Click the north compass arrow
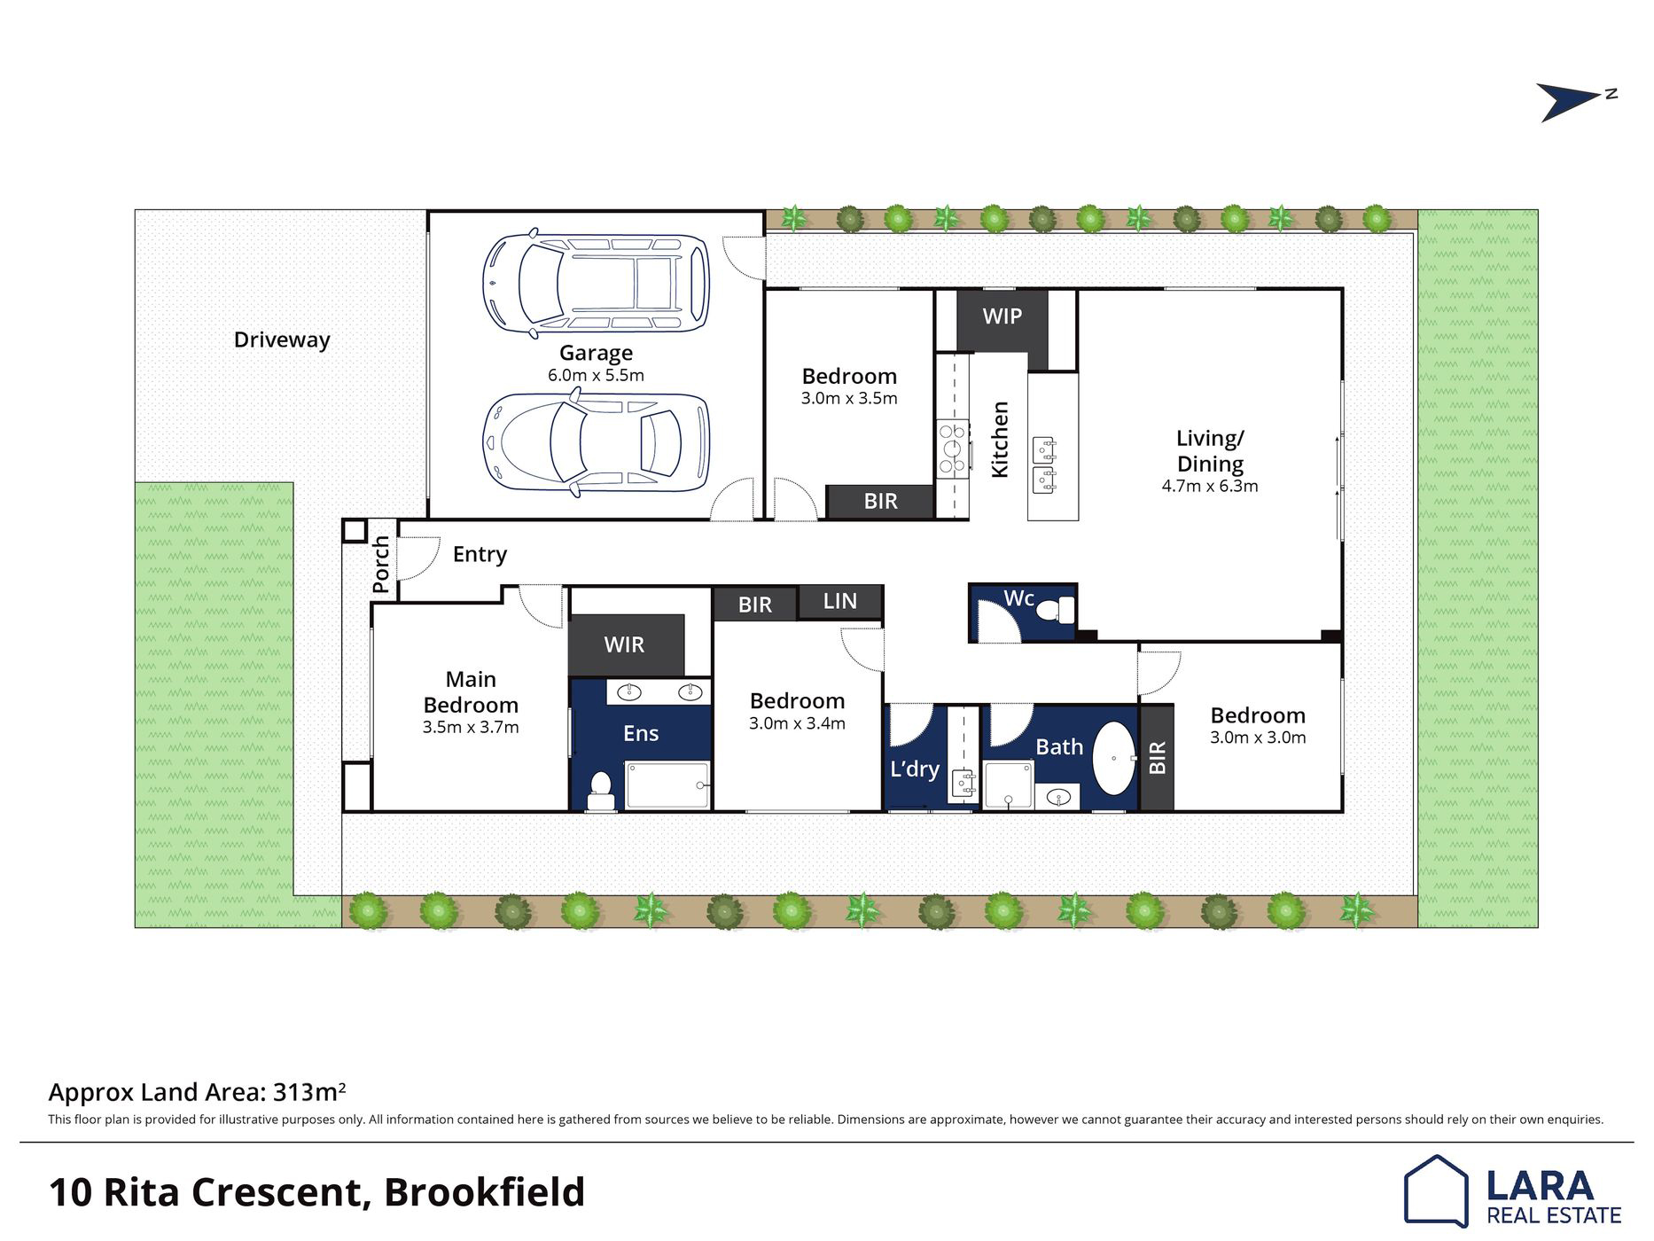pyautogui.click(x=1571, y=101)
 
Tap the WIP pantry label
pyautogui.click(x=1002, y=316)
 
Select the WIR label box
pyautogui.click(x=625, y=644)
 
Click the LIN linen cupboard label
pyautogui.click(x=839, y=601)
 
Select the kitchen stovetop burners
pyautogui.click(x=953, y=449)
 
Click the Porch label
pyautogui.click(x=381, y=564)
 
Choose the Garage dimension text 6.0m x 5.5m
pyautogui.click(x=596, y=375)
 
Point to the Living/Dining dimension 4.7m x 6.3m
pyautogui.click(x=1210, y=486)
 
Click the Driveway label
pyautogui.click(x=282, y=340)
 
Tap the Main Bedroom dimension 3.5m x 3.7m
pyautogui.click(x=471, y=728)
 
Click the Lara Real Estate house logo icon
pyautogui.click(x=1436, y=1190)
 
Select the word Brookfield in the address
pyautogui.click(x=484, y=1192)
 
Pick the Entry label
pyautogui.click(x=480, y=555)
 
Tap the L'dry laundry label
pyautogui.click(x=915, y=769)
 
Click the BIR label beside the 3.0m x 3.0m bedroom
pyautogui.click(x=1157, y=758)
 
